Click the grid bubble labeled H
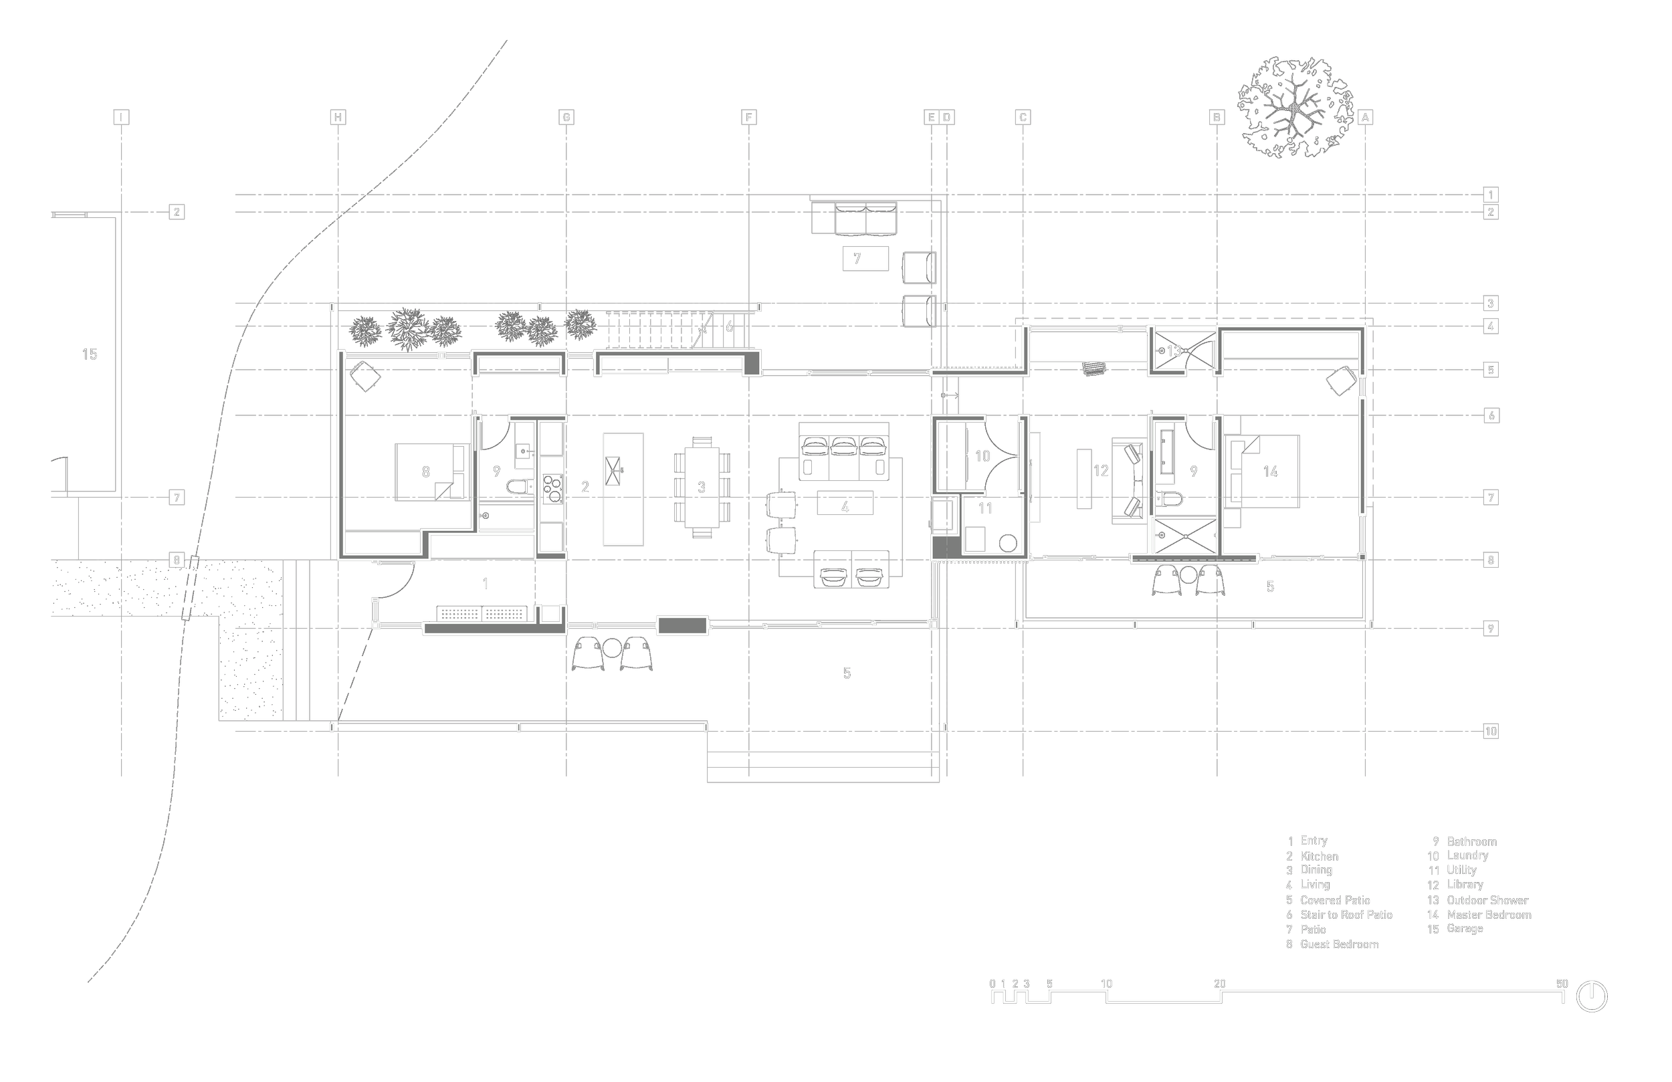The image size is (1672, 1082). (x=338, y=117)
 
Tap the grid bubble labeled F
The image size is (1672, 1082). (x=749, y=117)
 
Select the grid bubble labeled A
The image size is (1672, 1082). (x=1365, y=117)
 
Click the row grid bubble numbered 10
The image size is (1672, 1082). (x=1491, y=732)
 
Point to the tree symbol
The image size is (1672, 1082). (x=1295, y=108)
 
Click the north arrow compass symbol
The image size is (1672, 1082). (x=1592, y=996)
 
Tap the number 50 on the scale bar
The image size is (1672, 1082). (x=1562, y=984)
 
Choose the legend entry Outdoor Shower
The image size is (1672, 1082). (x=1487, y=900)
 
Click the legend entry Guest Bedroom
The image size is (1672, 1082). (x=1339, y=944)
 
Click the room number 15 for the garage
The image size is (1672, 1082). (x=90, y=354)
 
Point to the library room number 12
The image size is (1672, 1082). (x=1101, y=471)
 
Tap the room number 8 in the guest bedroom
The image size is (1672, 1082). (x=426, y=472)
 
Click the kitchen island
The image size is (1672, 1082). (x=623, y=489)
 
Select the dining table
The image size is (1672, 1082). (x=702, y=488)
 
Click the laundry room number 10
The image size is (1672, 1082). (x=982, y=457)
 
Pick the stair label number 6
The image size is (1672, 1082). (x=729, y=327)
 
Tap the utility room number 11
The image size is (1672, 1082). (x=985, y=509)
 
